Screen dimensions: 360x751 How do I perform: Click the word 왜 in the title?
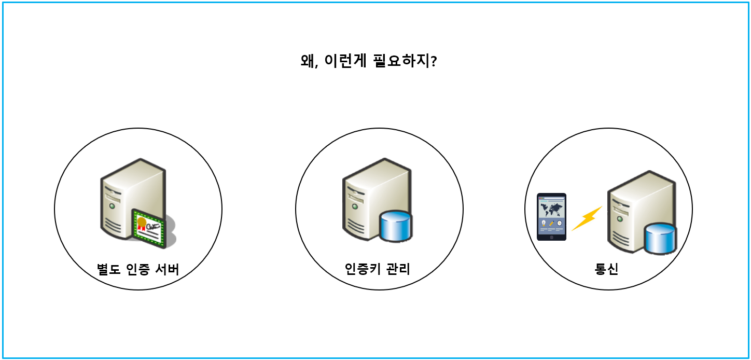308,61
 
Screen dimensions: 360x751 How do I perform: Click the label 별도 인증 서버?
138,270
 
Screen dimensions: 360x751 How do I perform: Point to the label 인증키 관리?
378,269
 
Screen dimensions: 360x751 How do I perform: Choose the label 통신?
606,270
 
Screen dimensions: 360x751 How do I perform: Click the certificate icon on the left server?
149,226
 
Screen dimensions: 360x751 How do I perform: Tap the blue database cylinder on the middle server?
395,226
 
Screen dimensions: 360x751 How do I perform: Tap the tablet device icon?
551,217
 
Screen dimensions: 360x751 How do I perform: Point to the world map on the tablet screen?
551,209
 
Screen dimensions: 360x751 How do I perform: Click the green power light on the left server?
111,205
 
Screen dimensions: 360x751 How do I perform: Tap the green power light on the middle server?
354,205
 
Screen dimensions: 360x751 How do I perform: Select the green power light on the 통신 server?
619,217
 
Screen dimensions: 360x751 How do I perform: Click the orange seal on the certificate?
142,222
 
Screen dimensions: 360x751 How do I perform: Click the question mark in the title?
434,61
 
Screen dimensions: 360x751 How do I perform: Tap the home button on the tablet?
551,237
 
